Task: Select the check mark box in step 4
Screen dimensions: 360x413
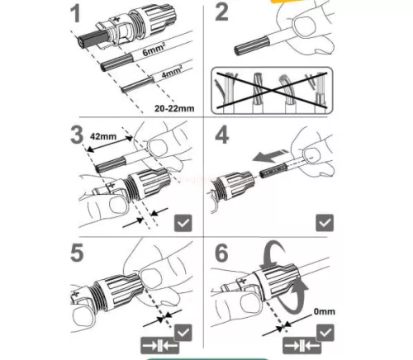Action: (x=326, y=221)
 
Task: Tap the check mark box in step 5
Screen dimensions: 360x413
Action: (x=184, y=332)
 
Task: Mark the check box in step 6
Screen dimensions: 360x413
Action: (x=326, y=332)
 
